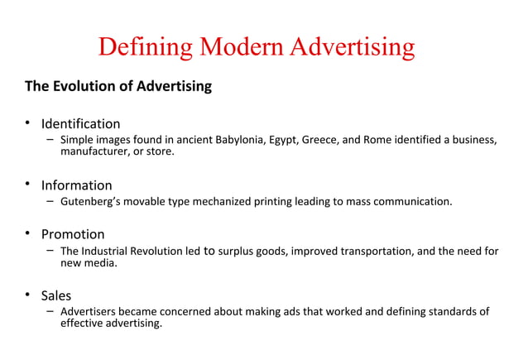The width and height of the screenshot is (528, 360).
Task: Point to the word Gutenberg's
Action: coord(91,200)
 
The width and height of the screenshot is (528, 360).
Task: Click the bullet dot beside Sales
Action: coord(27,295)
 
